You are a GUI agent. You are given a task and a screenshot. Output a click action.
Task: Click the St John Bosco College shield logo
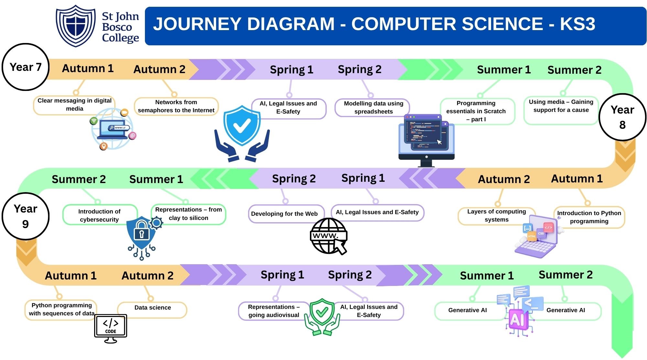(76, 26)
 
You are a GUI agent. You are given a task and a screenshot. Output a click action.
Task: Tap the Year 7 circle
(26, 67)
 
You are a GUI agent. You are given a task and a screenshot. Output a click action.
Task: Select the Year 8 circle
(622, 117)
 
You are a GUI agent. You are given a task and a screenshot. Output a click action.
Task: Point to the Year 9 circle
(26, 216)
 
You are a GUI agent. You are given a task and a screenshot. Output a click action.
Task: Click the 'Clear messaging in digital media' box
(74, 105)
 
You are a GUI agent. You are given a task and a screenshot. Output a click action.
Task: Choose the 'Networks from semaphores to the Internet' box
(176, 106)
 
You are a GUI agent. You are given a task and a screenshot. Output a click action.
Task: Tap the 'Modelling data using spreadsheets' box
(373, 107)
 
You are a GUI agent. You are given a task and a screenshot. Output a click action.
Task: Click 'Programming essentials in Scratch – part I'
(476, 111)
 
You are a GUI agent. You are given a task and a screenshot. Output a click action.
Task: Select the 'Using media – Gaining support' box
(561, 106)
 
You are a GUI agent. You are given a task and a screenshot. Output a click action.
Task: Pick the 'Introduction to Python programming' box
(589, 217)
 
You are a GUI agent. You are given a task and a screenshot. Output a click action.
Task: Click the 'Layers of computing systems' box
(496, 215)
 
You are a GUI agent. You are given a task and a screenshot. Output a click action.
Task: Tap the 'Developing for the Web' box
(284, 214)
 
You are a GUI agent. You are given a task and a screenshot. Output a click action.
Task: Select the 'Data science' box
(152, 308)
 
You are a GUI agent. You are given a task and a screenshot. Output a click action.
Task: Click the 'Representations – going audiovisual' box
(274, 311)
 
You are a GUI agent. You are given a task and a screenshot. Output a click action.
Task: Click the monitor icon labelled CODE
(111, 328)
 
